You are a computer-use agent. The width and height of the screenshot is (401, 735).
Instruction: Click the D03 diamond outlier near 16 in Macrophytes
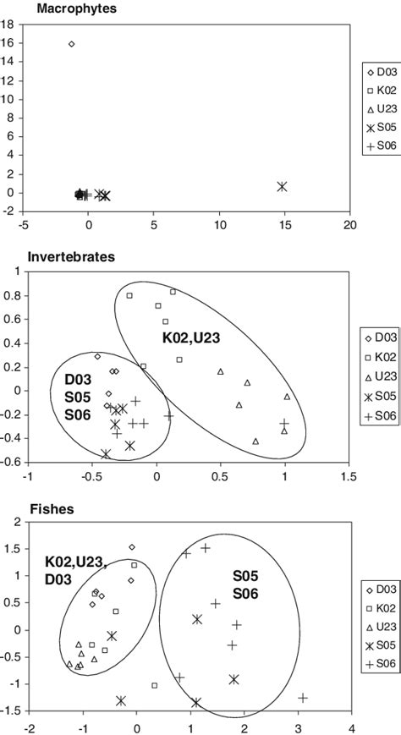[x=71, y=44]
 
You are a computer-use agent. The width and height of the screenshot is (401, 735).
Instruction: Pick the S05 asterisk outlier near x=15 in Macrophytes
[x=282, y=186]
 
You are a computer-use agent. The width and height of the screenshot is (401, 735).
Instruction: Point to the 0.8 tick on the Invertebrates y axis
[x=11, y=297]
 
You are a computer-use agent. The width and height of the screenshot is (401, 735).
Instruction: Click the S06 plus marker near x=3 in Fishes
[x=303, y=698]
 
